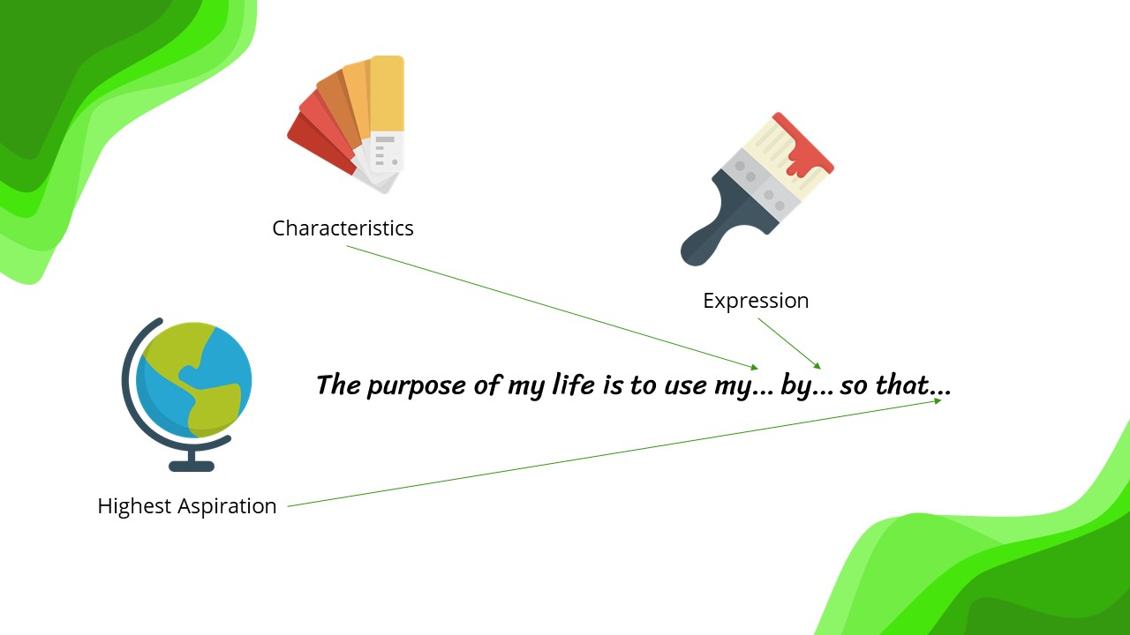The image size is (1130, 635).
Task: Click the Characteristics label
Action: click(x=343, y=228)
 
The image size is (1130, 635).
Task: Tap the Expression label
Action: click(x=756, y=302)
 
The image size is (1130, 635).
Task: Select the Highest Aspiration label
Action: click(x=186, y=506)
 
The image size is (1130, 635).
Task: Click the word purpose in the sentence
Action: click(x=416, y=386)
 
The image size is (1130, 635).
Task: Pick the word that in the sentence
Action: click(x=902, y=385)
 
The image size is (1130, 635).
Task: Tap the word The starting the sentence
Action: click(x=338, y=385)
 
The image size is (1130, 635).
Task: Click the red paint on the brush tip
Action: click(x=804, y=146)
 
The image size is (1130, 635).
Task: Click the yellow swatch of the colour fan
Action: click(x=387, y=93)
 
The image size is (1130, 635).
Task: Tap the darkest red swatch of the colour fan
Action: click(x=319, y=144)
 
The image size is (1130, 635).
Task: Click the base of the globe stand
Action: click(x=192, y=467)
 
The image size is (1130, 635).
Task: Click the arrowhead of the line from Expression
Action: click(x=817, y=366)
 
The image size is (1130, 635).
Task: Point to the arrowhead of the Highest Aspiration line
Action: click(x=938, y=401)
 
